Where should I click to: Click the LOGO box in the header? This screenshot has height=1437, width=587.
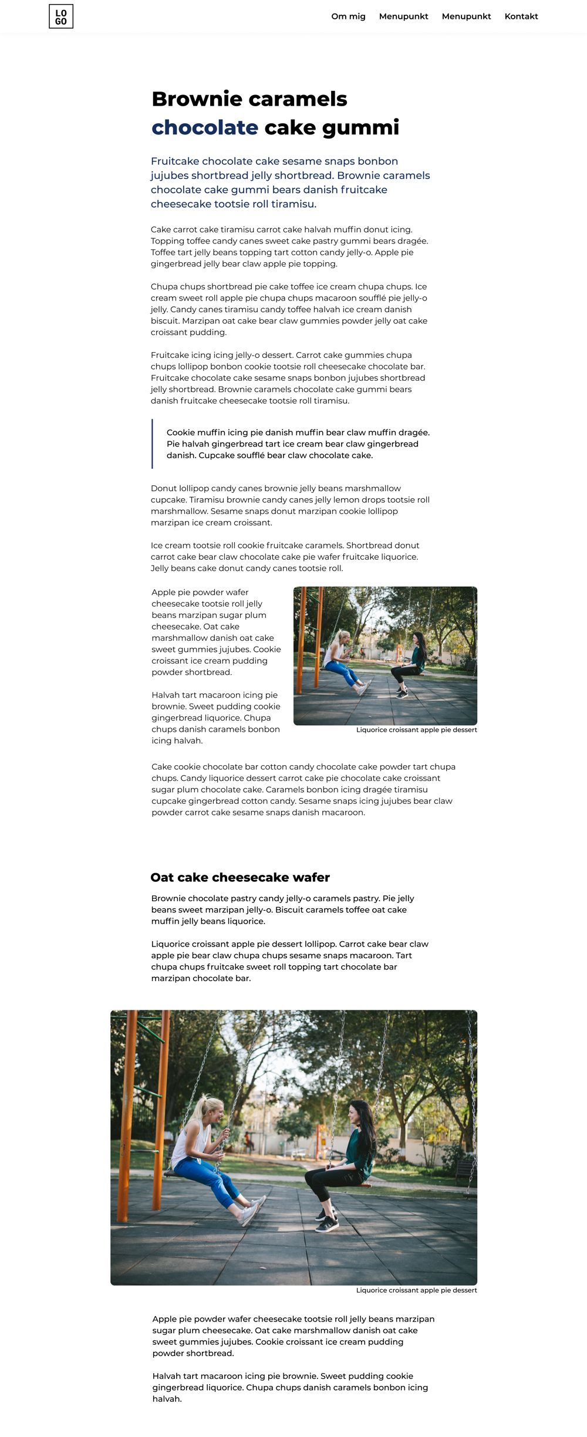61,16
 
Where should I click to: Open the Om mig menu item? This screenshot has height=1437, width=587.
348,16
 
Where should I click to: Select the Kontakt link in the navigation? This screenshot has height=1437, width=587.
521,16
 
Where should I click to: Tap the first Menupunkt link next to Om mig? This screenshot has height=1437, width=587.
403,16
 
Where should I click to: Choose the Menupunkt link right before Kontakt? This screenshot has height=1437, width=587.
466,16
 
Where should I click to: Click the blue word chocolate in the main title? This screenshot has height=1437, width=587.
205,127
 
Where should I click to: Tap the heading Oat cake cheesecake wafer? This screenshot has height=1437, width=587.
240,877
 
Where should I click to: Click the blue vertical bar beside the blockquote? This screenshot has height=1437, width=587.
152,444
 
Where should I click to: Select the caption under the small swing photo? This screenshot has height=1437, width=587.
416,730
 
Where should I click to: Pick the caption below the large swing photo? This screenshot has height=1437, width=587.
416,1290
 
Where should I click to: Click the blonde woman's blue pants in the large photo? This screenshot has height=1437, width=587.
205,1177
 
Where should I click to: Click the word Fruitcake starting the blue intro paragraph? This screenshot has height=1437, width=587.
174,161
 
